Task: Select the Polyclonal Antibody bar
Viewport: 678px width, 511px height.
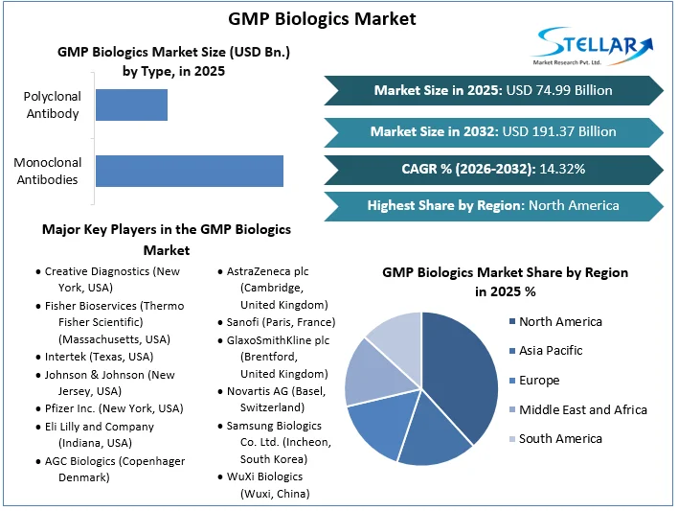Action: (x=131, y=105)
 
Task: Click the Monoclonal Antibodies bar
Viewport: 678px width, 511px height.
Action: (x=189, y=171)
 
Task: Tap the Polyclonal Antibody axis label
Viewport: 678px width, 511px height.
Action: (x=53, y=105)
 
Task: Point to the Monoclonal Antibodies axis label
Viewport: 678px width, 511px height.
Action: (x=46, y=171)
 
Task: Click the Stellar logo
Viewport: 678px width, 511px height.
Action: (x=594, y=47)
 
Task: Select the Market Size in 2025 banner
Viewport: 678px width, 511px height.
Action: (x=493, y=90)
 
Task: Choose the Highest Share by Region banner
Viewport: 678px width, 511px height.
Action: (x=493, y=205)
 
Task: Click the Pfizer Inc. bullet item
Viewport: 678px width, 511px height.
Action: (x=114, y=408)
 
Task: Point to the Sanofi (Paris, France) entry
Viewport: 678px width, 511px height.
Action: (x=281, y=322)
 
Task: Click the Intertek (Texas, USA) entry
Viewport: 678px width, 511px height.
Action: (x=99, y=357)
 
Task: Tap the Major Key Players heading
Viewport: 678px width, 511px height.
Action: (x=167, y=240)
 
